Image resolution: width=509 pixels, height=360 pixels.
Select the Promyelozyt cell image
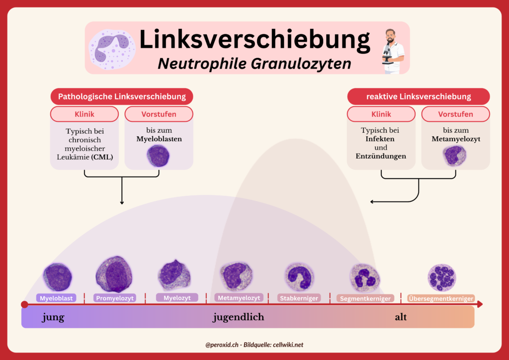[114, 274]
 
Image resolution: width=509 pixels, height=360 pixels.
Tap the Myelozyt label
[177, 297]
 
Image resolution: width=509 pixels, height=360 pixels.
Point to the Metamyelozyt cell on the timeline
[236, 275]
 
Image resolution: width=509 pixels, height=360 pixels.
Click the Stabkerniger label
[299, 298]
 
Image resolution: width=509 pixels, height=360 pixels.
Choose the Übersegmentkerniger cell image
[441, 277]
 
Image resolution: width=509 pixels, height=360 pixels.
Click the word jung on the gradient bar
[53, 317]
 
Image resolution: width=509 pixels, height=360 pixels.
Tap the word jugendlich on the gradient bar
[239, 317]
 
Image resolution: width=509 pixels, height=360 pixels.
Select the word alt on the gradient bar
[401, 317]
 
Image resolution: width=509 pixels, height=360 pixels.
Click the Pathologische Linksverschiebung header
[121, 96]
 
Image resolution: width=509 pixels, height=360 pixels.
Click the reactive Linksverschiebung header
[419, 96]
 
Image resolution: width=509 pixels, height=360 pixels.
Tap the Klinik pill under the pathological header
[85, 114]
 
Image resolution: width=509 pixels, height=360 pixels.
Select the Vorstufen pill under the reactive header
[455, 114]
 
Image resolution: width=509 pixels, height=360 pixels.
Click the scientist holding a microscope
[393, 51]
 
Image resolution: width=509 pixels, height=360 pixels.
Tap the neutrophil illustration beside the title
[111, 49]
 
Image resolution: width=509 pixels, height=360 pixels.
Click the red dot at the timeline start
[24, 304]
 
